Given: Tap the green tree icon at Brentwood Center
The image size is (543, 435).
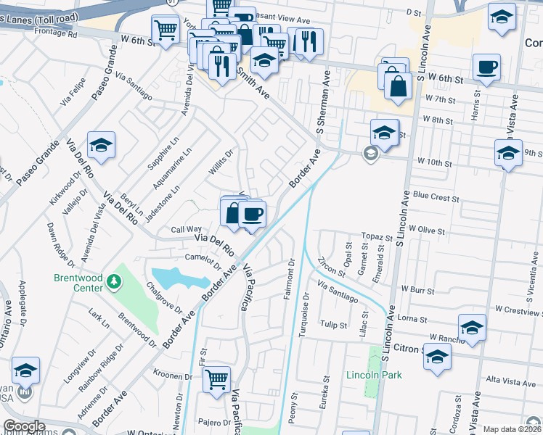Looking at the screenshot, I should coord(113,281).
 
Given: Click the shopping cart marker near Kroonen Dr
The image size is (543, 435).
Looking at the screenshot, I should coord(216,379).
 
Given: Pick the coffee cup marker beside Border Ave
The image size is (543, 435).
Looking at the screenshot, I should coord(253,215).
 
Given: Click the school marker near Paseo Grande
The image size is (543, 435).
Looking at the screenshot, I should coord(102,144).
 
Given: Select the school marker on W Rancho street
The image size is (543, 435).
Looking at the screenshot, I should coord(472,328).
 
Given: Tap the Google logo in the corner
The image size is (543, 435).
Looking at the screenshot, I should coord(24,427).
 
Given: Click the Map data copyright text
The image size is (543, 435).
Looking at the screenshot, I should coord(513,429).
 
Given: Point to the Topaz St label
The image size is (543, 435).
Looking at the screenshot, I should coord(377,237).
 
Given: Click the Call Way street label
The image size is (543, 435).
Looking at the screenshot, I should coord(186,228).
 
